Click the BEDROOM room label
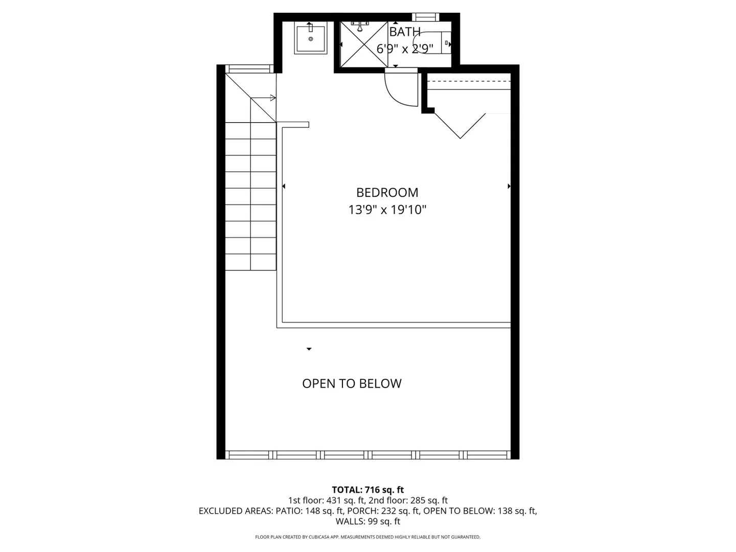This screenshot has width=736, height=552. pyautogui.click(x=387, y=193)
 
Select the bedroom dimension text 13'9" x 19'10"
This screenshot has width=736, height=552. pyautogui.click(x=387, y=210)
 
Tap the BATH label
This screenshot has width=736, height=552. pyautogui.click(x=405, y=32)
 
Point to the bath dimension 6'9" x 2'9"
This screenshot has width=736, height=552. pyautogui.click(x=405, y=49)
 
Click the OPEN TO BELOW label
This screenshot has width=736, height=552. pyautogui.click(x=352, y=383)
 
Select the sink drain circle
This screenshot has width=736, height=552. pyautogui.click(x=310, y=39)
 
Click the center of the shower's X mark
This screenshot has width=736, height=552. pyautogui.click(x=364, y=44)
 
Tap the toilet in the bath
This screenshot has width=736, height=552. pyautogui.click(x=432, y=42)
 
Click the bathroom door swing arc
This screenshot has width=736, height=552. pyautogui.click(x=394, y=96)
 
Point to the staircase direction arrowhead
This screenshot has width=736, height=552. pyautogui.click(x=273, y=98)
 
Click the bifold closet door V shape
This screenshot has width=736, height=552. pyautogui.click(x=460, y=126)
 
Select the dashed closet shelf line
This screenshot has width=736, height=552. pyautogui.click(x=469, y=81)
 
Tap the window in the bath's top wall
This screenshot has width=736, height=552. pyautogui.click(x=425, y=17)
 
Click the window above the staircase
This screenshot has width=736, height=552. pyautogui.click(x=249, y=69)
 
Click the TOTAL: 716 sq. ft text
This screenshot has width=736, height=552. pyautogui.click(x=368, y=490)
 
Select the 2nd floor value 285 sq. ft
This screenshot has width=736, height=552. pyautogui.click(x=428, y=500)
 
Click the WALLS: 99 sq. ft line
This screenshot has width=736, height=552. pyautogui.click(x=368, y=521)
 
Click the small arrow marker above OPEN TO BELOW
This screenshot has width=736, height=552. pyautogui.click(x=309, y=349)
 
